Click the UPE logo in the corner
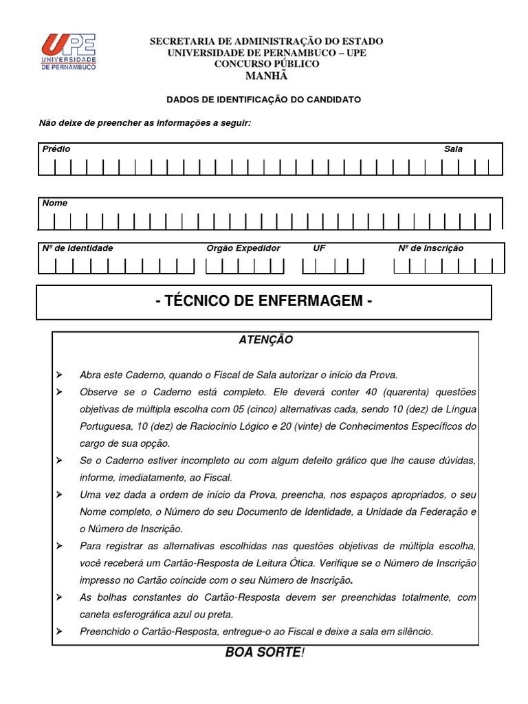pos(68,52)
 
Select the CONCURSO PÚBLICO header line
pos(267,64)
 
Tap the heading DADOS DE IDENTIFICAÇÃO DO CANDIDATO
pos(264,100)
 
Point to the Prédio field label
pos(56,148)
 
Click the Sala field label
pos(453,148)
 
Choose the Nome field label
pos(55,203)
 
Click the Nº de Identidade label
pos(78,248)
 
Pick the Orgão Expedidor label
pos(243,248)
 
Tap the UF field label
pos(319,248)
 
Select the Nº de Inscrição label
pos(431,248)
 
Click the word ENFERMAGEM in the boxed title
pos(313,302)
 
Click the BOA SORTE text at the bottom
pos(263,652)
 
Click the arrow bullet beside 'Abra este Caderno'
pos(59,375)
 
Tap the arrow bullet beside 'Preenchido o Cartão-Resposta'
pos(59,631)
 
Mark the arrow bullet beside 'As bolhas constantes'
pos(59,597)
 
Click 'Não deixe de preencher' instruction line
pos(145,123)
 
